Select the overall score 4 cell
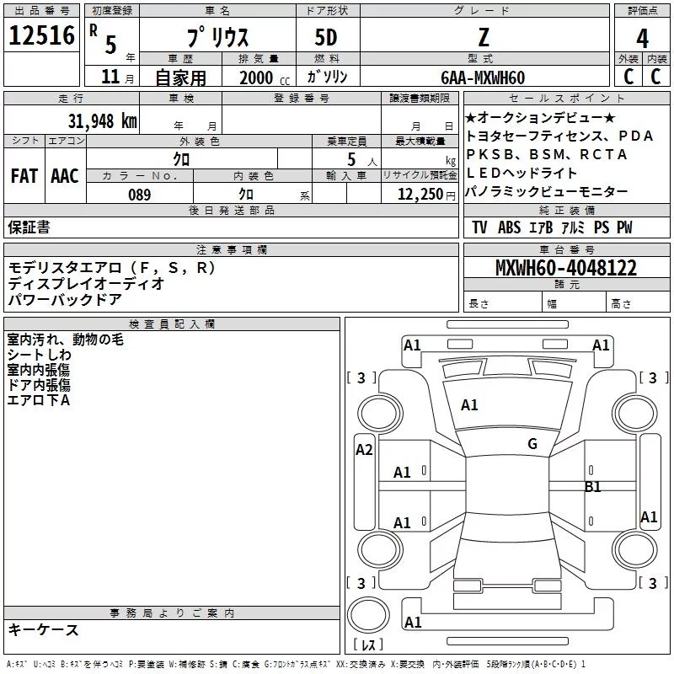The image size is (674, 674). pos(643,38)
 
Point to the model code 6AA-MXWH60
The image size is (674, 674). pos(483,78)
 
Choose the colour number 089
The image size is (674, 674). pos(139,195)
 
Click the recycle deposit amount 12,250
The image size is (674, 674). pos(415,195)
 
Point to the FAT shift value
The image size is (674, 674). pos(24,176)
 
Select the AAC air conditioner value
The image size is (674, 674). pos(64,176)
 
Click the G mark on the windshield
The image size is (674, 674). pos(532,444)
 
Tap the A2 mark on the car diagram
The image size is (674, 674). pos(364,450)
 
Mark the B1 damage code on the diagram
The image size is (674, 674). pos(593,486)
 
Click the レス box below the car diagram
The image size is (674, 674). pos(368,646)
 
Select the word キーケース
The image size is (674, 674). pos(43,629)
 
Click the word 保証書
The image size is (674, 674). pos(29,227)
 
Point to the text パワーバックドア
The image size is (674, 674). pos(65,299)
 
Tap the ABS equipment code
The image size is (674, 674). pos(509,227)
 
